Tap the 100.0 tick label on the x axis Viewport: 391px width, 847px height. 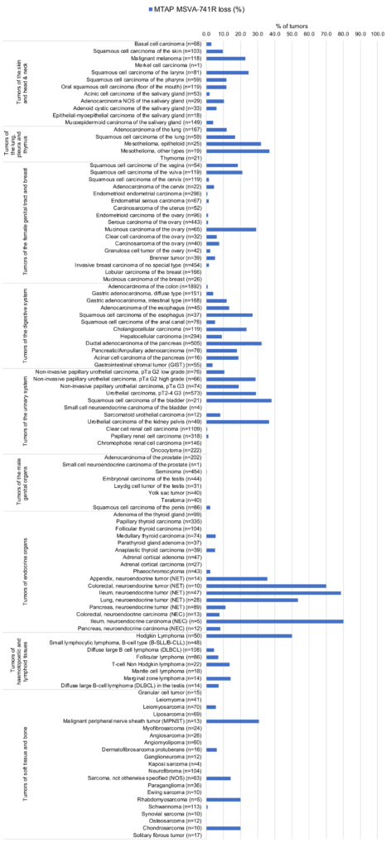(x=378, y=34)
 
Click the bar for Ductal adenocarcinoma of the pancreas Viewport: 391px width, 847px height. (x=234, y=342)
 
